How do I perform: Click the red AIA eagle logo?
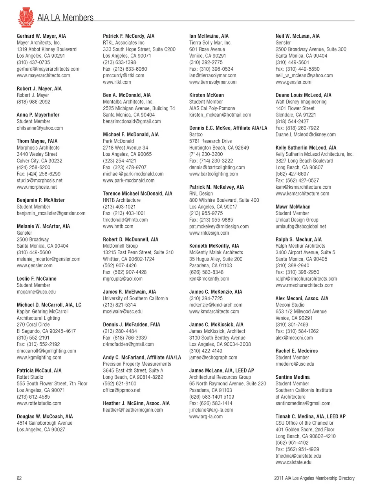(26, 17)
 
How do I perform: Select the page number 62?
(19, 478)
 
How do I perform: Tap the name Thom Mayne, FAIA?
(37, 141)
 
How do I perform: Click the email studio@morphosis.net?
(40, 181)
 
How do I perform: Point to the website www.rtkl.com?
(117, 82)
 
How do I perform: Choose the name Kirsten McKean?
(207, 95)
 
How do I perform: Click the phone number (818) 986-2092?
(33, 102)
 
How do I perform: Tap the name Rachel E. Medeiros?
(296, 351)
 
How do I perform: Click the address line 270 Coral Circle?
(33, 325)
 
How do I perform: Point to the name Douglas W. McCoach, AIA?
(45, 416)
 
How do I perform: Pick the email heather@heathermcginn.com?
(133, 410)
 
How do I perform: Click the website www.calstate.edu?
(293, 462)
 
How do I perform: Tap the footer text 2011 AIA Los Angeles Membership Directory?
(314, 478)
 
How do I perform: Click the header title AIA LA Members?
(66, 18)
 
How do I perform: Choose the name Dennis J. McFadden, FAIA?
(132, 325)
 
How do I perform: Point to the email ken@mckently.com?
(209, 279)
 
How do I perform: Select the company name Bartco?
(196, 134)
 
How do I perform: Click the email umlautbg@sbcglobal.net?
(301, 226)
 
